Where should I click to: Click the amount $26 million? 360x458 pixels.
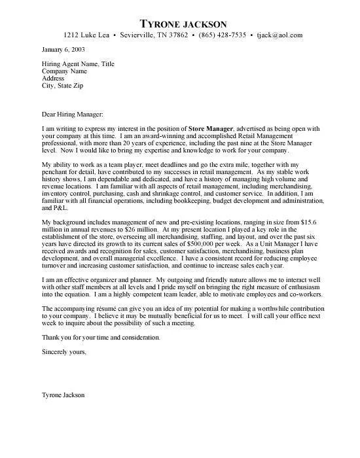[136, 232]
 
